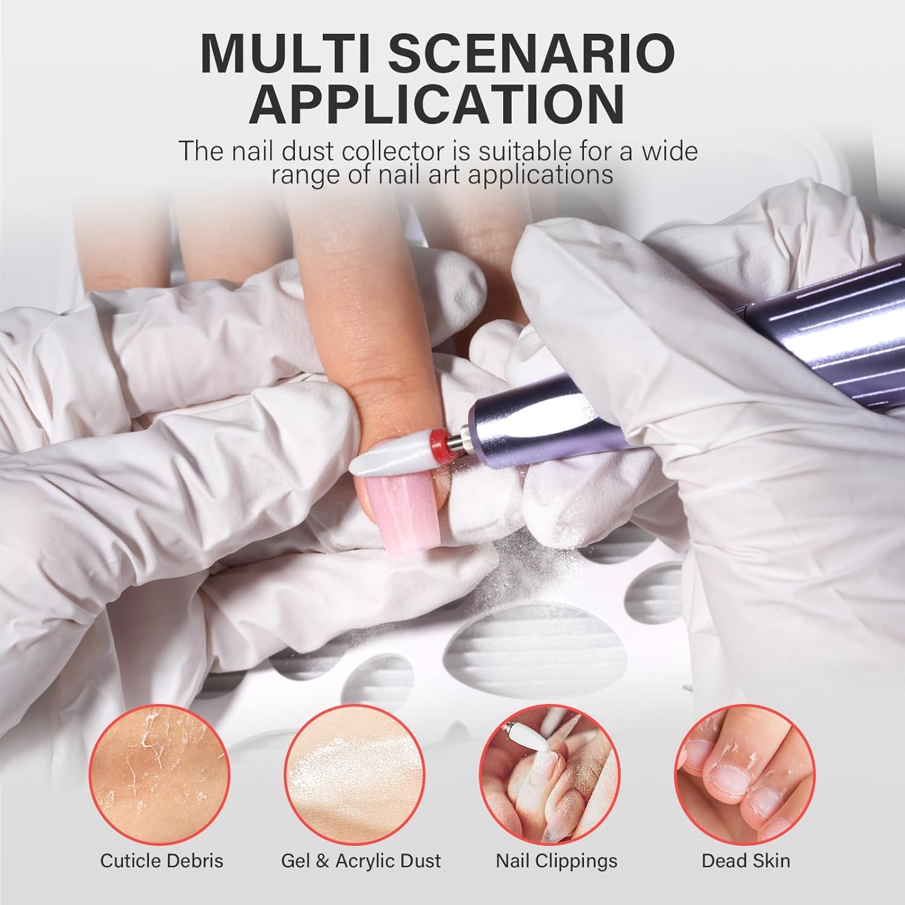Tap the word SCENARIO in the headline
point(530,54)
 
